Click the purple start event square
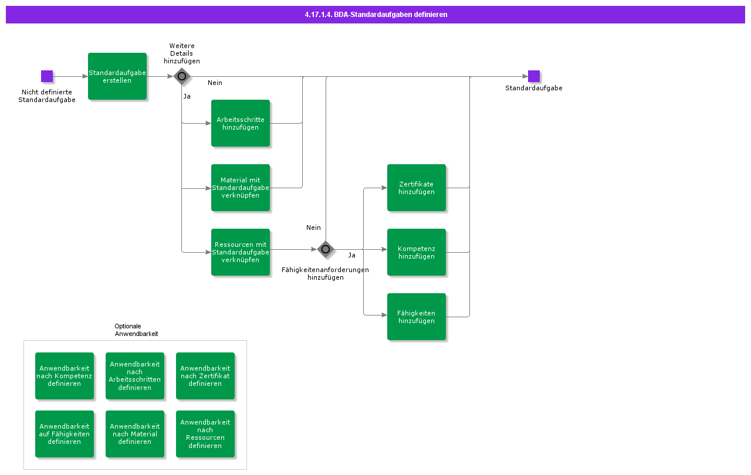coord(47,76)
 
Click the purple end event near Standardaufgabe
coord(533,76)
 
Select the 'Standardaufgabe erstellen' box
coord(117,76)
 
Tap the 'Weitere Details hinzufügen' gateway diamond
coord(182,76)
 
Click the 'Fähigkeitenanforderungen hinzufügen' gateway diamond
coord(326,249)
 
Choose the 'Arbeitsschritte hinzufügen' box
coord(241,123)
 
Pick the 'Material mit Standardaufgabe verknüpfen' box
coord(241,188)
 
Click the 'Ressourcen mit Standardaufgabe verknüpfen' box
coord(241,252)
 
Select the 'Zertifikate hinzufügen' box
coord(417,188)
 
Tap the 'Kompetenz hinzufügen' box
coord(417,252)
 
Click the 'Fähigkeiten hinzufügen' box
coord(417,317)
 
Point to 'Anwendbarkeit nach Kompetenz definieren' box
coord(65,376)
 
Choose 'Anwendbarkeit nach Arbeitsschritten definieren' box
coord(135,376)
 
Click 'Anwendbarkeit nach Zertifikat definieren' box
coord(205,376)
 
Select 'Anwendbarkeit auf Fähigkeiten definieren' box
coord(65,434)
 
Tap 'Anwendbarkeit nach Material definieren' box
coord(135,434)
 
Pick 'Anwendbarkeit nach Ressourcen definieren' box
coord(205,434)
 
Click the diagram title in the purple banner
coord(375,15)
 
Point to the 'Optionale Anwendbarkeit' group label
coord(136,330)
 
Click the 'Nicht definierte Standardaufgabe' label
coord(47,96)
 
